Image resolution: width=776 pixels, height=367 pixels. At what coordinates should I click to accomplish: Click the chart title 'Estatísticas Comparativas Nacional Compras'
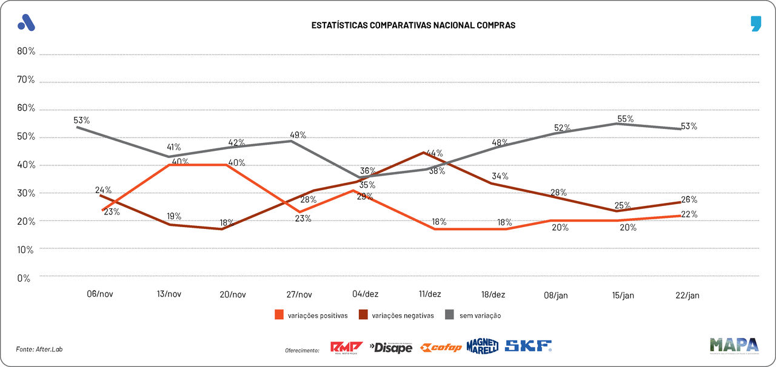pos(413,25)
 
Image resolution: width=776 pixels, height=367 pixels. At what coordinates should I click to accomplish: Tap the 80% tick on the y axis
pos(26,51)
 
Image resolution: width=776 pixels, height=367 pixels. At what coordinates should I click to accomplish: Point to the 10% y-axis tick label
pos(26,250)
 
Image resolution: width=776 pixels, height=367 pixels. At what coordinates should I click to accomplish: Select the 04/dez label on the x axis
pos(365,294)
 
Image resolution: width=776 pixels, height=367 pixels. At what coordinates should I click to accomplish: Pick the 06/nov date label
pos(100,294)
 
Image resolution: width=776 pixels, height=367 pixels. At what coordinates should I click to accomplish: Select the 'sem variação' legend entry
pos(480,315)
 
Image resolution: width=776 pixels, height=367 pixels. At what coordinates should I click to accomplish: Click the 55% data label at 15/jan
pos(625,119)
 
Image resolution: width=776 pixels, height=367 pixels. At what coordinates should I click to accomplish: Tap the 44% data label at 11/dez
pos(434,153)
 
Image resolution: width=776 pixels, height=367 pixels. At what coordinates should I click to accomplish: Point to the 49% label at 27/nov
pos(298,134)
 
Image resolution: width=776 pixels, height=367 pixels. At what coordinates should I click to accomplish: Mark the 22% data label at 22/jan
pos(689,214)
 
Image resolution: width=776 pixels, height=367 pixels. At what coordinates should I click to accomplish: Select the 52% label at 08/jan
pos(562,128)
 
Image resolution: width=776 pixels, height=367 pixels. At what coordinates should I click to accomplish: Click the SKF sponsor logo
pos(528,346)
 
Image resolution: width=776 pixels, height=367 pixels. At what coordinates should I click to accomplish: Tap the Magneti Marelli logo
pos(483,346)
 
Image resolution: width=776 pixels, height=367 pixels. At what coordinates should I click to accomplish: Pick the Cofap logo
pos(441,347)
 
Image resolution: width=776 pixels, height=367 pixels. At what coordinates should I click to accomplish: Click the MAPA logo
pos(734,345)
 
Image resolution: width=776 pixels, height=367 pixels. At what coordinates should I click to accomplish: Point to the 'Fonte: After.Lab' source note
pos(39,349)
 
